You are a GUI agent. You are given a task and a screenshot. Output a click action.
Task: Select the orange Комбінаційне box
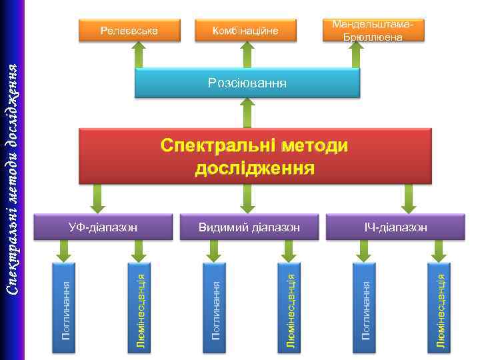click(x=245, y=30)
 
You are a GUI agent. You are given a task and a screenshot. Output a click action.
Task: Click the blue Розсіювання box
click(x=247, y=83)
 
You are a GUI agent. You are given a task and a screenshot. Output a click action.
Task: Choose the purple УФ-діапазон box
click(x=103, y=227)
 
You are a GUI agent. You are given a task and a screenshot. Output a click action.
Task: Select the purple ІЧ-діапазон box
click(x=396, y=227)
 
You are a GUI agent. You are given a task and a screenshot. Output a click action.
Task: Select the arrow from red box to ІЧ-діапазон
click(x=407, y=198)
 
